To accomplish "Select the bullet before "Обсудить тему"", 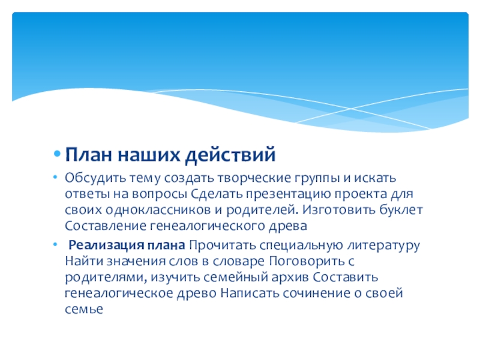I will [x=56, y=179].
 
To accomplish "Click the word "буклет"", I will [x=401, y=211].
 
